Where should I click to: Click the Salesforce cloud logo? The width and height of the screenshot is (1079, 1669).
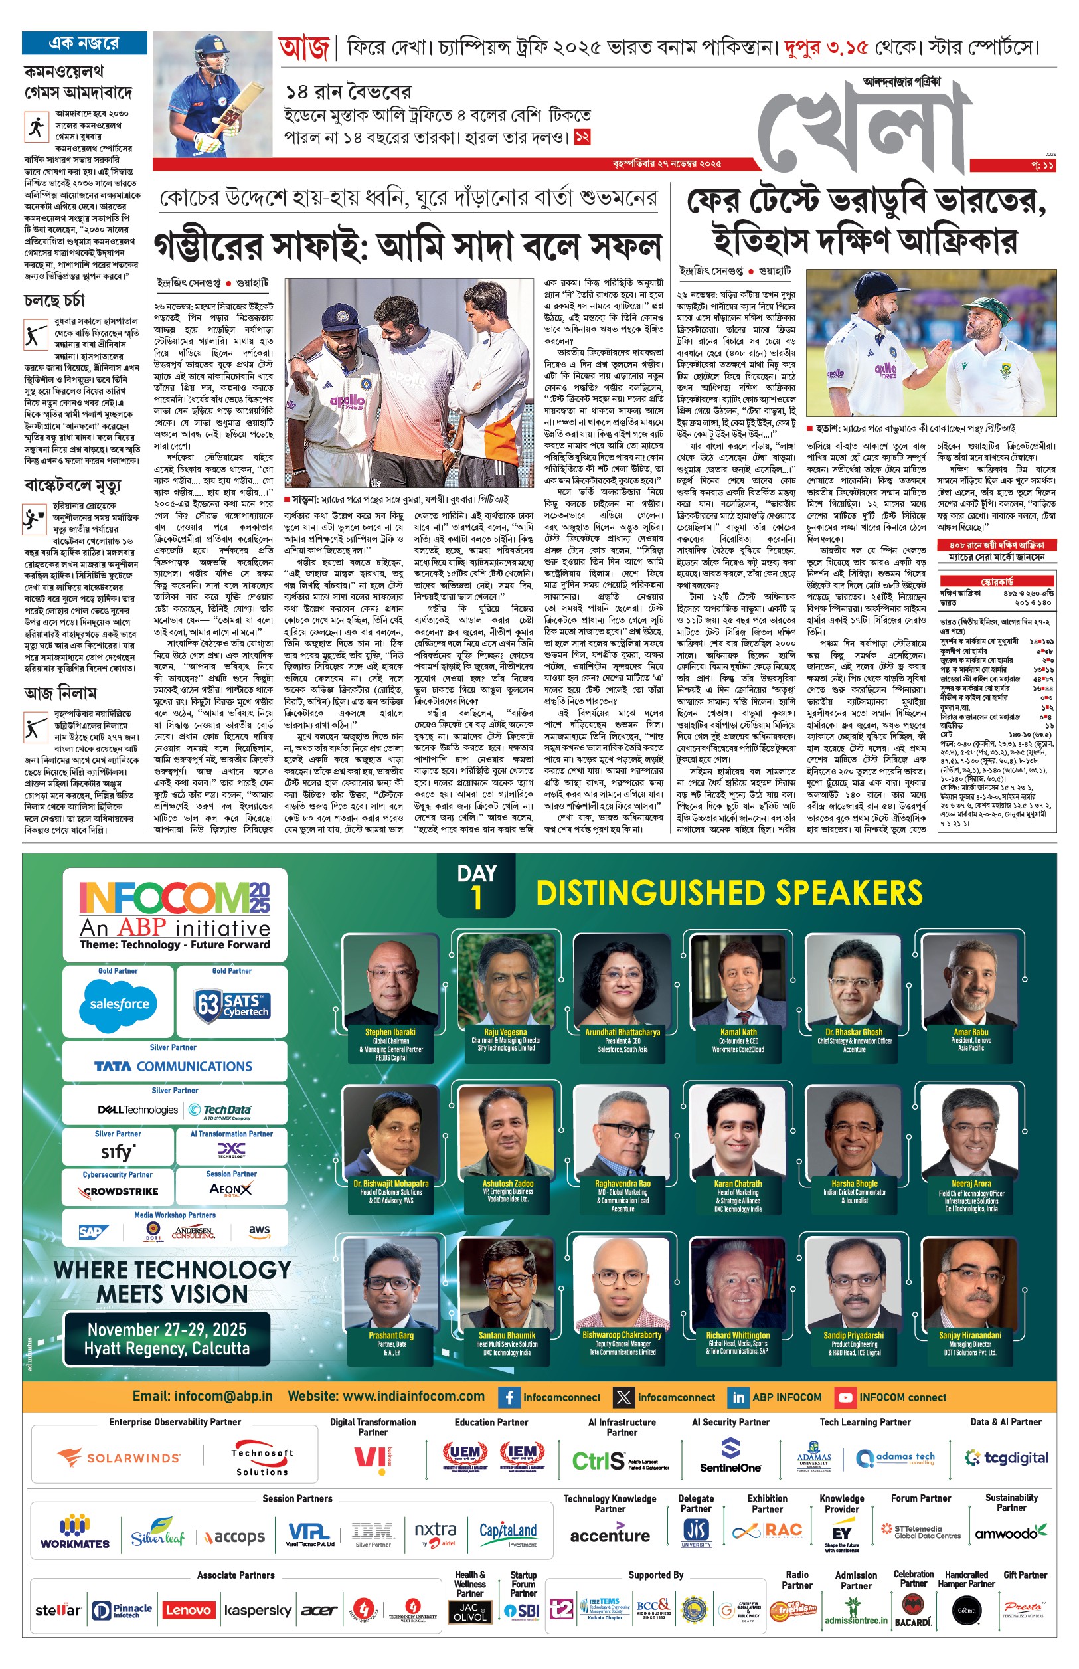(119, 1004)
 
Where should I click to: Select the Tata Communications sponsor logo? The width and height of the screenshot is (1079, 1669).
(173, 1067)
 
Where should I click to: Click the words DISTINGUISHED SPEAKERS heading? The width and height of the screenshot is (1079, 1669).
(728, 893)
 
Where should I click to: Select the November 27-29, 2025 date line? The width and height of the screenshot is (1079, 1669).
(167, 1330)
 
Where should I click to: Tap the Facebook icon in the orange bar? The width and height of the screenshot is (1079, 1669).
(509, 1397)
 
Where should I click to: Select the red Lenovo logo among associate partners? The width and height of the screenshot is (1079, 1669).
(188, 1610)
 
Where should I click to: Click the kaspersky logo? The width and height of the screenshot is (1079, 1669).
(257, 1610)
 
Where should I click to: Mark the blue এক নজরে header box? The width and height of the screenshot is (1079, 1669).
(84, 43)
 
